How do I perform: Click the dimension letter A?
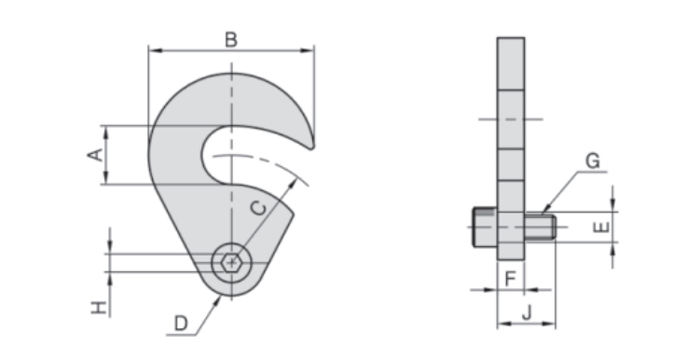tap(95, 155)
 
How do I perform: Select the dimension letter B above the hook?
tap(231, 39)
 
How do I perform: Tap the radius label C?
tap(258, 208)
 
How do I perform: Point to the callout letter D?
tap(181, 323)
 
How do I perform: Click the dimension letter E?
tap(601, 227)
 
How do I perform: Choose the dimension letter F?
tap(510, 279)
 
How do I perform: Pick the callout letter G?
tap(593, 161)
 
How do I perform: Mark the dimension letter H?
tap(99, 308)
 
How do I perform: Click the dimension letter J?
tap(527, 312)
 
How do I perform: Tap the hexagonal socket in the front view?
tap(232, 262)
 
